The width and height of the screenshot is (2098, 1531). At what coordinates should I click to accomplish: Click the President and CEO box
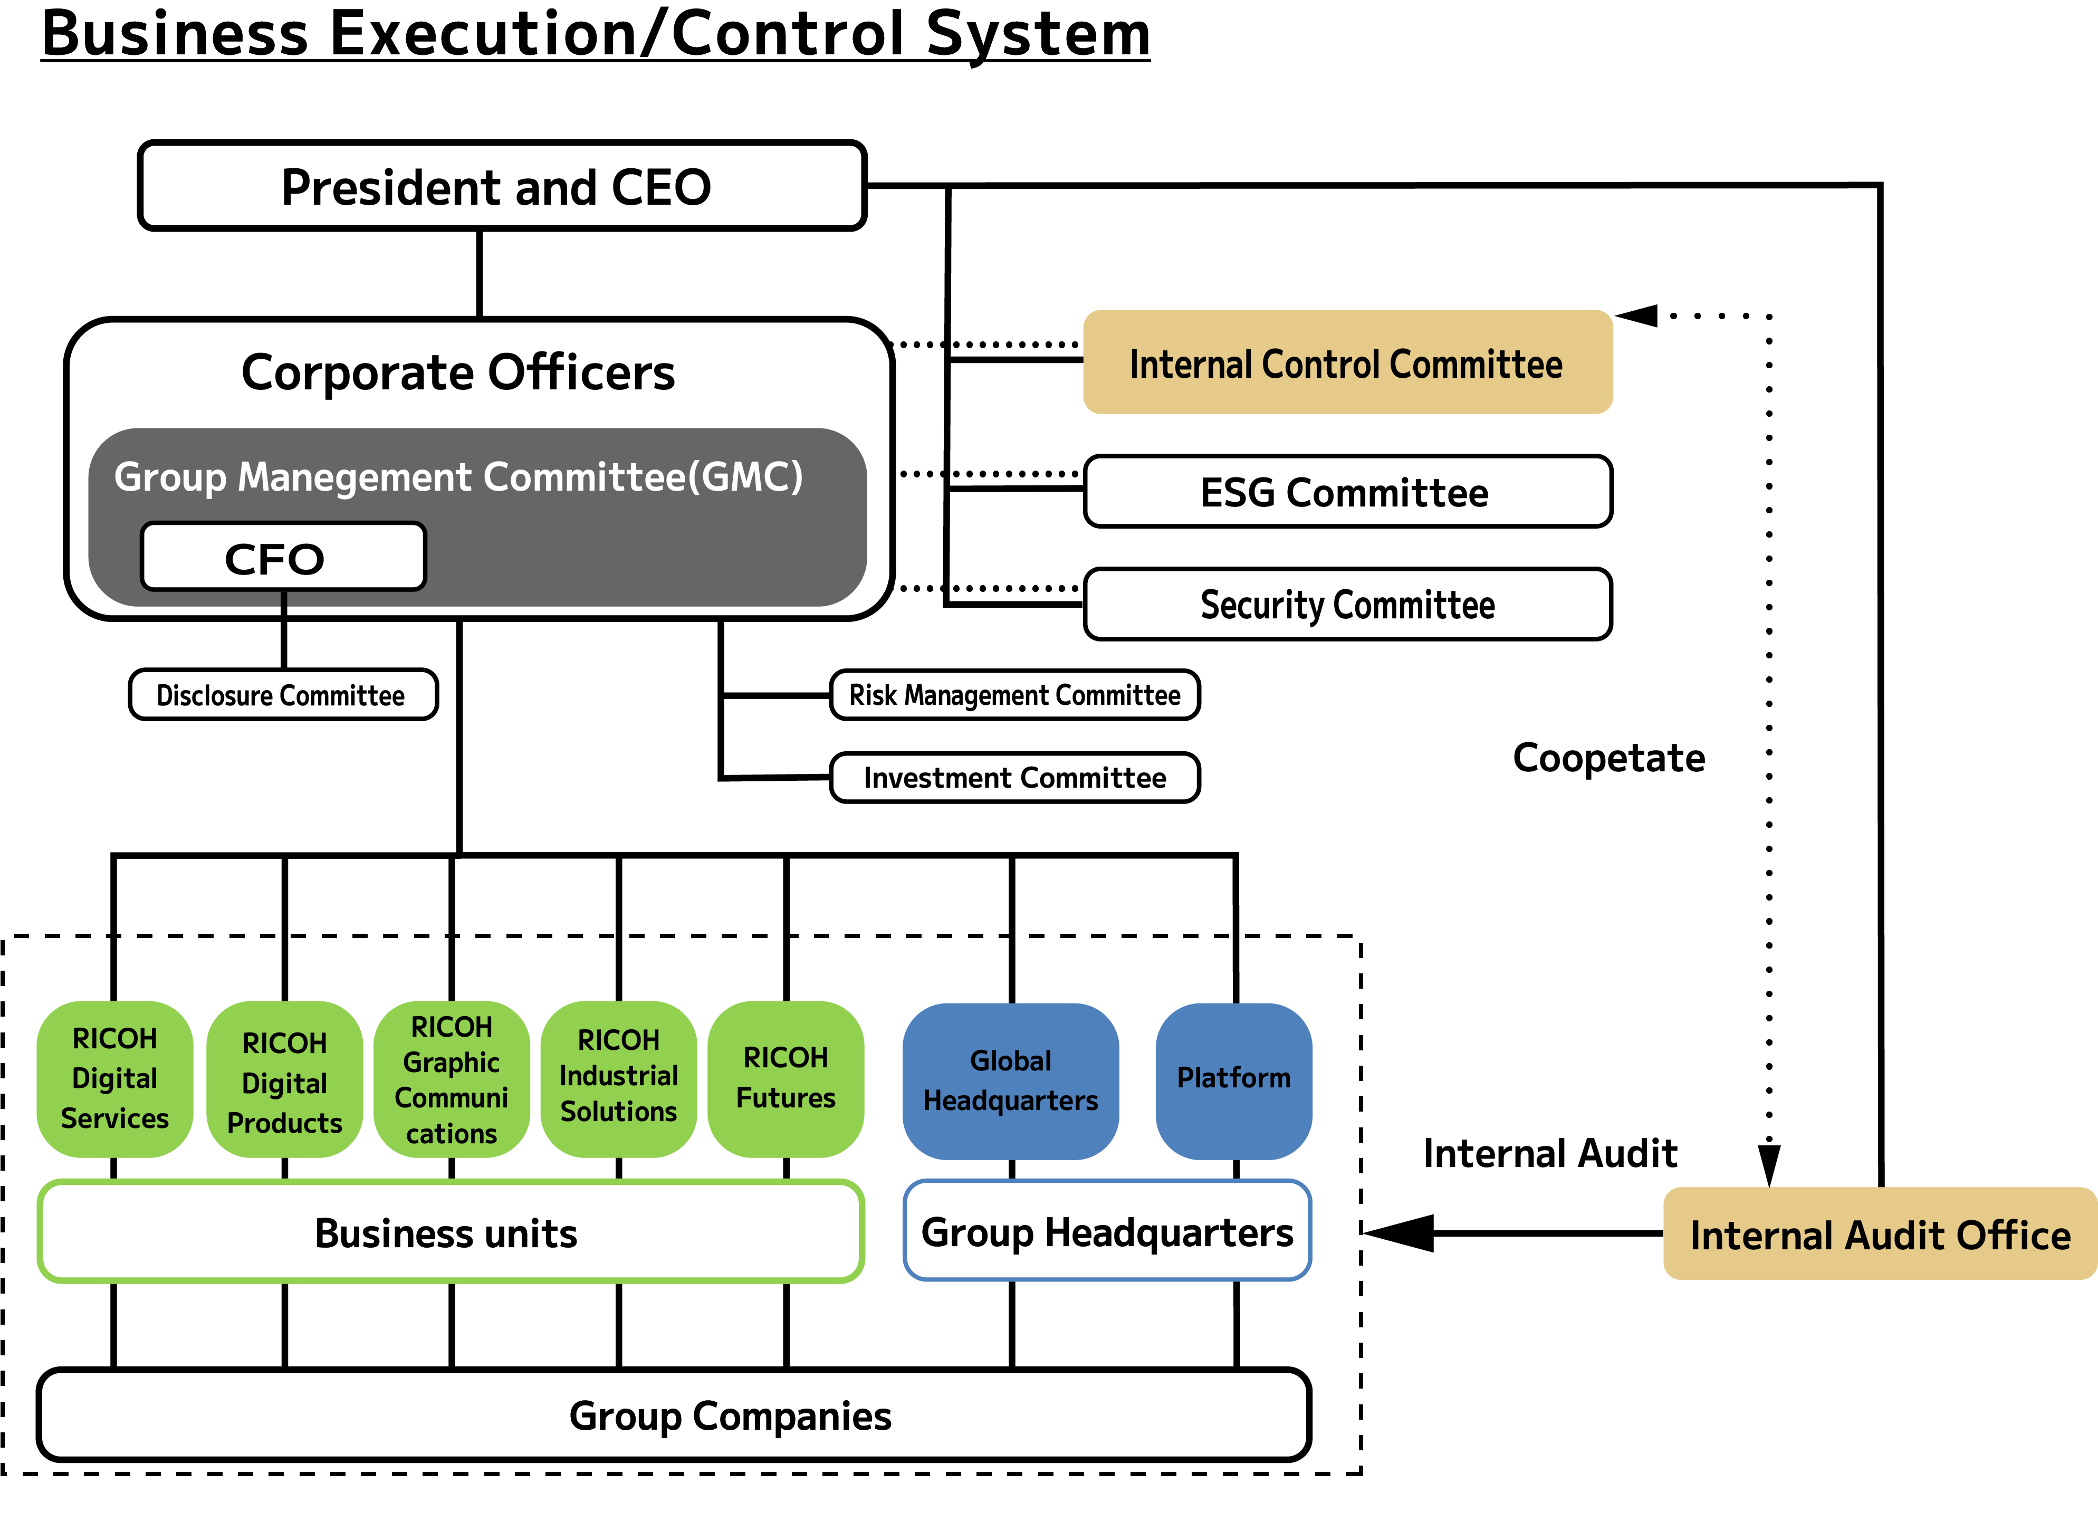(x=501, y=186)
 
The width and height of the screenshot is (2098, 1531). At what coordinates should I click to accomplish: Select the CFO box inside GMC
(x=283, y=557)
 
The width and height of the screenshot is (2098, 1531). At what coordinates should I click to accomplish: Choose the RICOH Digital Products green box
(x=284, y=1080)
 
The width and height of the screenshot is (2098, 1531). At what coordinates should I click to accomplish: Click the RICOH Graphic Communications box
(x=451, y=1079)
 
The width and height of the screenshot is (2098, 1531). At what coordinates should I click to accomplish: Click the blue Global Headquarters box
(x=1010, y=1080)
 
